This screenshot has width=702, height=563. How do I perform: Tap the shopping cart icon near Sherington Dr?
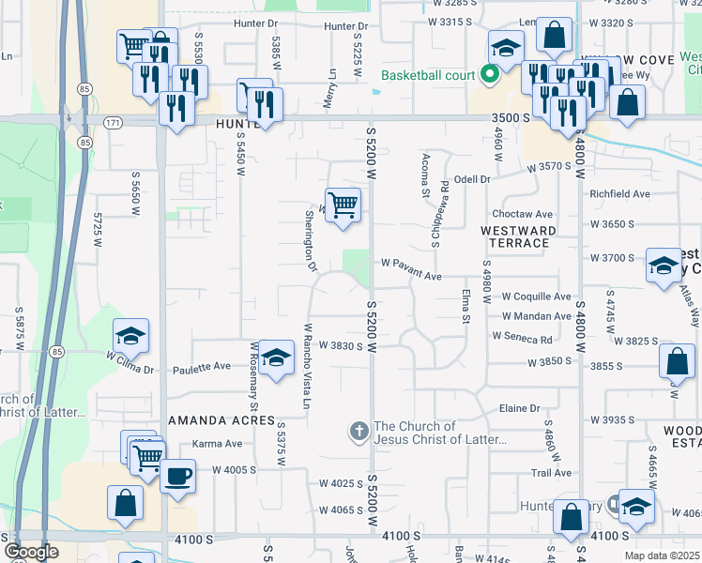tap(343, 204)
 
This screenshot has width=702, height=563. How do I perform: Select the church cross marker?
tap(358, 433)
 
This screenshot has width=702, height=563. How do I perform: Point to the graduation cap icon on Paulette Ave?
tap(275, 358)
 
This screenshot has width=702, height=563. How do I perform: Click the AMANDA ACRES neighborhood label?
tap(221, 420)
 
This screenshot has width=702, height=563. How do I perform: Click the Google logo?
tap(31, 551)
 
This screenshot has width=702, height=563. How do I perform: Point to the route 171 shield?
tap(114, 123)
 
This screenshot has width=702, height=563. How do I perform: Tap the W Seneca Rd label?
tap(522, 339)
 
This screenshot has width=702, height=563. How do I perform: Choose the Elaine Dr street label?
tap(521, 408)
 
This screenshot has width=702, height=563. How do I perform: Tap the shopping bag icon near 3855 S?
tap(677, 361)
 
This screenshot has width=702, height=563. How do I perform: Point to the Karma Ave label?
tap(211, 443)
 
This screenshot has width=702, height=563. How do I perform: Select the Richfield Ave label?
tap(619, 194)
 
